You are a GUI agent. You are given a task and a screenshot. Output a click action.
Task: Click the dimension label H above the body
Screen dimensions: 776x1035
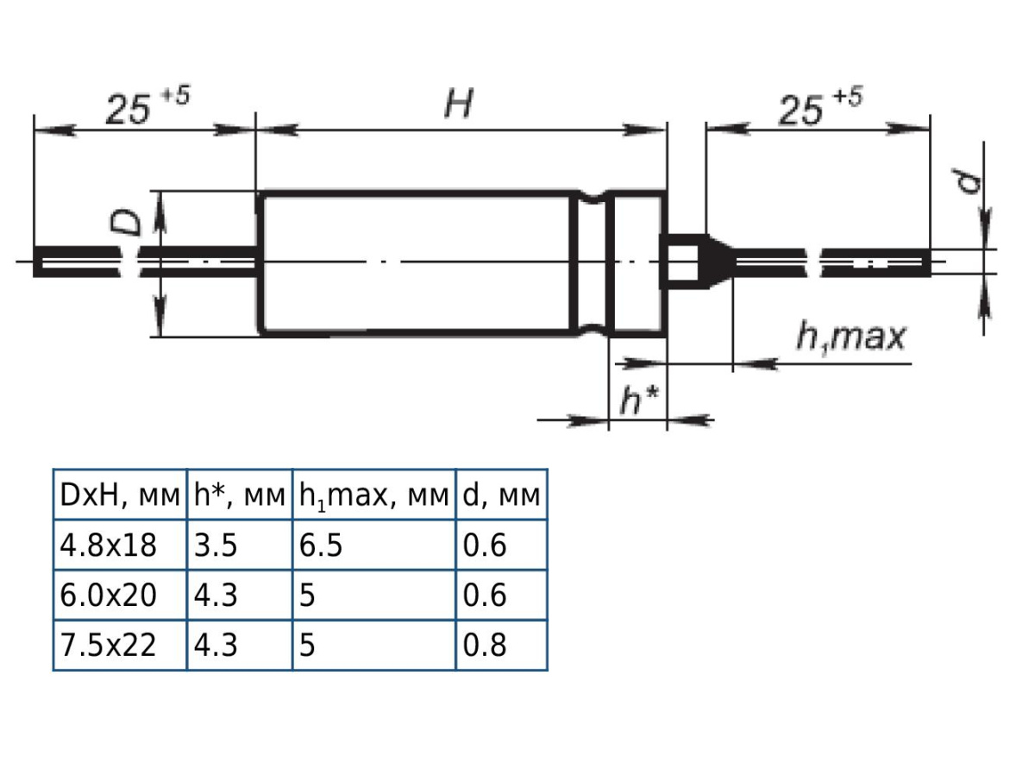(459, 105)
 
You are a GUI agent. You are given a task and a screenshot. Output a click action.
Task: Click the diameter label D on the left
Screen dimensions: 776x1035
(128, 222)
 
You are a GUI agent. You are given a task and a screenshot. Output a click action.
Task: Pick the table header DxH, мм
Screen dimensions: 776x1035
(120, 495)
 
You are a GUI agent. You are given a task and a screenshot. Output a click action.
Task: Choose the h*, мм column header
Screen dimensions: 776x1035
(240, 495)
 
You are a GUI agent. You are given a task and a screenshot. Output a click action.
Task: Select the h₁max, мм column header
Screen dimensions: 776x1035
(374, 495)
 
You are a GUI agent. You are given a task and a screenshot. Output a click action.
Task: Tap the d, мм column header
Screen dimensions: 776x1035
(501, 495)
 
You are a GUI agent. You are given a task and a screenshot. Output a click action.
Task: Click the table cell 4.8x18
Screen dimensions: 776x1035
(109, 546)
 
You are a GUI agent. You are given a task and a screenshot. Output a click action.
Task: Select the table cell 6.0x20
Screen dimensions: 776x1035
(109, 596)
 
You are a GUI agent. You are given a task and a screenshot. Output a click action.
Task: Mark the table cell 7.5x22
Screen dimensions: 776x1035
(109, 646)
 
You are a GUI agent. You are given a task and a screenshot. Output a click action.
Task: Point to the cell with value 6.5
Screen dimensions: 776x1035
(321, 546)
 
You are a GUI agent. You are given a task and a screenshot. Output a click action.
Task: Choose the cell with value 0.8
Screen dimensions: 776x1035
(485, 646)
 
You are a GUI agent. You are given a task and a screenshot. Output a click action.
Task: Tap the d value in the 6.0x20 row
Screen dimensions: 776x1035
(485, 596)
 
